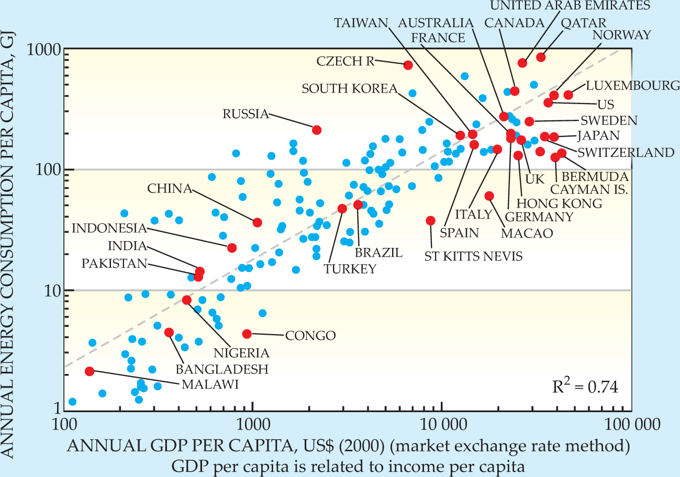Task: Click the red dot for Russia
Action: click(x=317, y=130)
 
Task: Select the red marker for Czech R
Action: click(x=408, y=65)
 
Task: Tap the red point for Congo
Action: click(x=247, y=334)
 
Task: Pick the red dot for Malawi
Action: click(x=90, y=371)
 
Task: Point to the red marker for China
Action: click(x=257, y=222)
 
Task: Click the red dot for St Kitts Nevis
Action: click(x=431, y=221)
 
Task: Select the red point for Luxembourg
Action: click(x=568, y=95)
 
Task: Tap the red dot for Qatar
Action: click(x=541, y=57)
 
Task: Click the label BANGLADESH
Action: click(x=222, y=369)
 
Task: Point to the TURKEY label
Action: click(x=350, y=269)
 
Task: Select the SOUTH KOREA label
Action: click(x=350, y=88)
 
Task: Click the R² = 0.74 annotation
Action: click(x=586, y=388)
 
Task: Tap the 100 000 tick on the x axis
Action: click(x=631, y=422)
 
